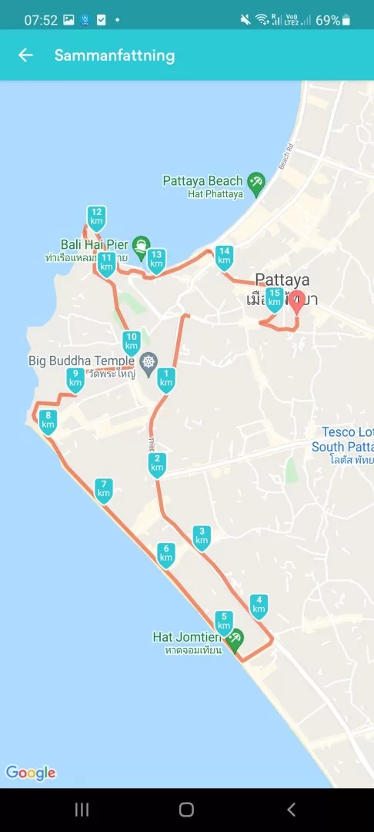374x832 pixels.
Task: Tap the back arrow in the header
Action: (x=26, y=55)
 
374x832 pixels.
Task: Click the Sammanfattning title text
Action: (x=115, y=55)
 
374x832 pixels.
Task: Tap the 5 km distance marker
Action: (x=224, y=620)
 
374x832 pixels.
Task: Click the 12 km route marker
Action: (x=96, y=216)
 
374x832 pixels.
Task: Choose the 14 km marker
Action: (x=224, y=256)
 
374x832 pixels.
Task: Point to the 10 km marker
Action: (x=132, y=341)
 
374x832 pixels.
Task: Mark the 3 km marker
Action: (x=202, y=536)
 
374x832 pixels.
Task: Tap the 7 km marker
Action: (x=103, y=489)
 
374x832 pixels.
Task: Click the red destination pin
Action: (x=296, y=301)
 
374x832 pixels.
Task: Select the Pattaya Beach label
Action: (x=202, y=180)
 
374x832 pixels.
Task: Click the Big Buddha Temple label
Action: (x=82, y=360)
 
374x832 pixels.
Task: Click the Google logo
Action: (x=31, y=773)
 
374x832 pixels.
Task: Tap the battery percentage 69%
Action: (x=328, y=20)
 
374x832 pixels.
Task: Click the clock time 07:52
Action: (x=40, y=20)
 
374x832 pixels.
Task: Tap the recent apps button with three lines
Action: (x=82, y=809)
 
